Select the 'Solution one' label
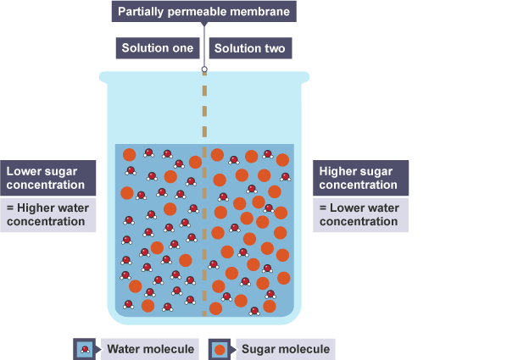point(157,48)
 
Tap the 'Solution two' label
point(249,48)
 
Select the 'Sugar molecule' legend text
point(287,348)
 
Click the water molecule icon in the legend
point(85,348)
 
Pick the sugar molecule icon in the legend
point(220,348)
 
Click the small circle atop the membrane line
point(203,70)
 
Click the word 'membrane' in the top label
point(264,13)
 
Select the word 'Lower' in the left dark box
point(23,171)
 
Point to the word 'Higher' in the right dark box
point(339,171)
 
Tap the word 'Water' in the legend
point(122,348)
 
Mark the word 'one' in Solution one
point(183,48)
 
